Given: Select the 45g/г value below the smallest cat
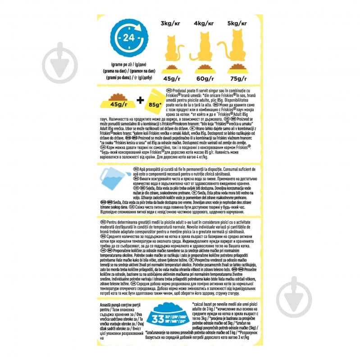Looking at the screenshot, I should (x=172, y=80).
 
